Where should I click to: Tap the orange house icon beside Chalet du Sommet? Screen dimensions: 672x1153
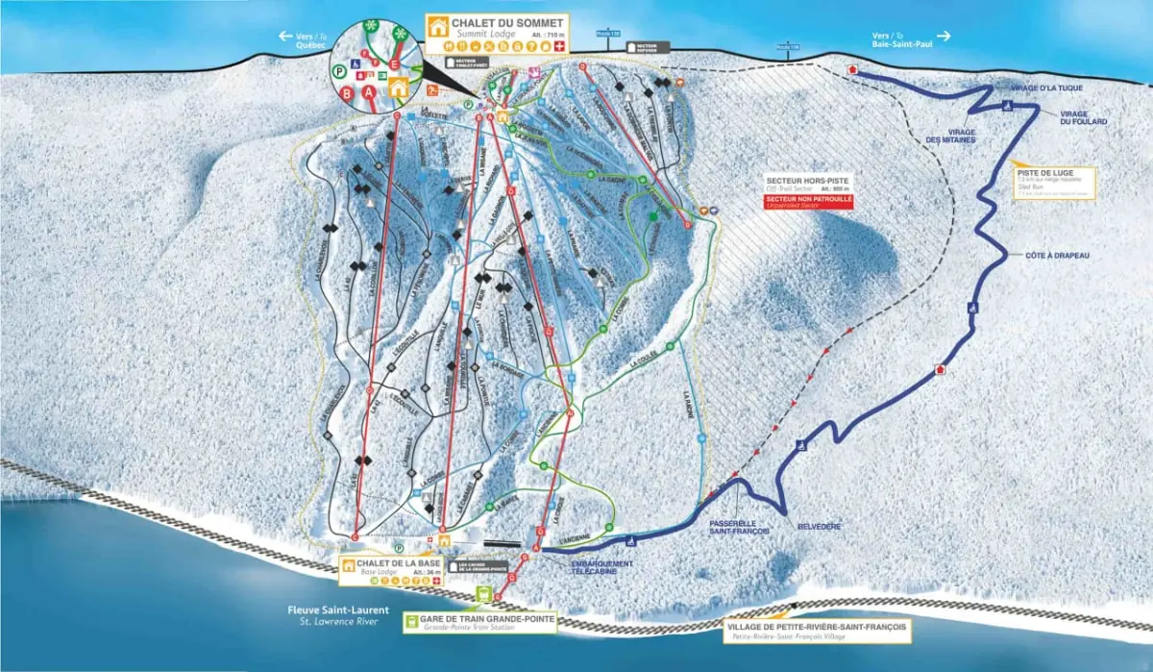[439, 27]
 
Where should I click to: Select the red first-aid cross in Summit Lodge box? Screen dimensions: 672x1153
[558, 45]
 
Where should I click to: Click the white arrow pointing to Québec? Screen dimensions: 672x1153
[285, 36]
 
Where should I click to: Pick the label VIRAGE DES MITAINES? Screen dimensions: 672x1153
[948, 136]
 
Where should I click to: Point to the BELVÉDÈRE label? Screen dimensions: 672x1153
[818, 527]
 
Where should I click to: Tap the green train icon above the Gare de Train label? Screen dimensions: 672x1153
[482, 595]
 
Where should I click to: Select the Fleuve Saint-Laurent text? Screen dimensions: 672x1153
[332, 610]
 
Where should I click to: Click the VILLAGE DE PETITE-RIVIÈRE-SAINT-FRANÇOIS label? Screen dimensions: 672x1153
[815, 625]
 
